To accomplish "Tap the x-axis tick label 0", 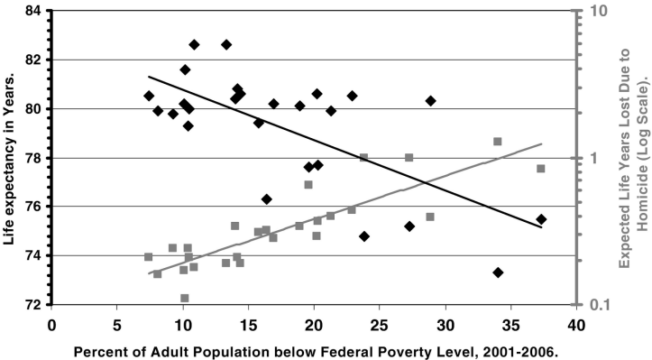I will [52, 323].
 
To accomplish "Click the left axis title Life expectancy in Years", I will [11, 157].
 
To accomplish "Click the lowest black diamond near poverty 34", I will [498, 272].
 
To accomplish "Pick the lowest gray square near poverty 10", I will [184, 298].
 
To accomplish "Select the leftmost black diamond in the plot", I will [149, 96].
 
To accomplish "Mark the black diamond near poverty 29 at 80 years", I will [431, 101].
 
